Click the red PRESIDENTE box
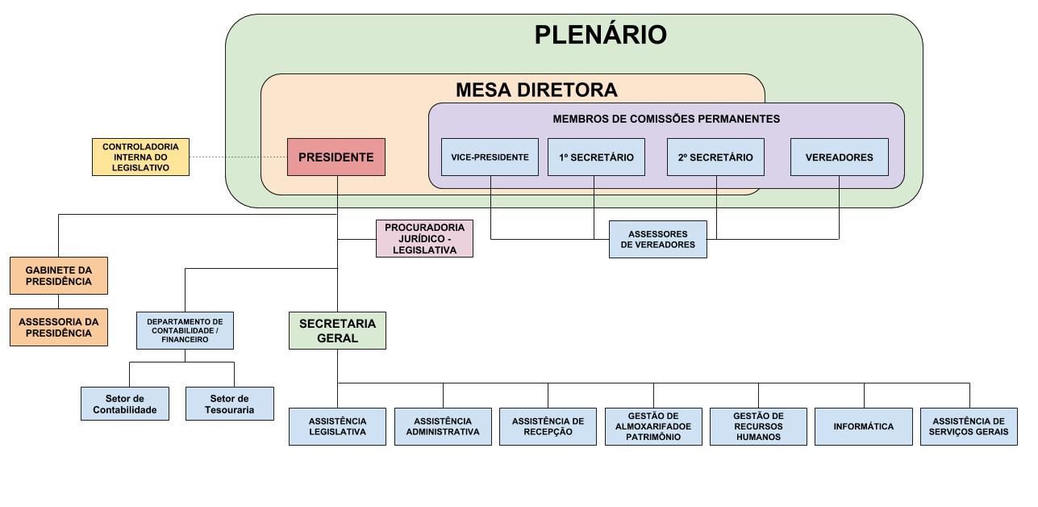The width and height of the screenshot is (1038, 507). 336,157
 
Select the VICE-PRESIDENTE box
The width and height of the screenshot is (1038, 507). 490,157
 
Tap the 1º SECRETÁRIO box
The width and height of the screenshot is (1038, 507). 596,157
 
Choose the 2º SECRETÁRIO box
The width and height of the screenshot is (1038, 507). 715,157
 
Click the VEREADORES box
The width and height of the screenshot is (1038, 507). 839,157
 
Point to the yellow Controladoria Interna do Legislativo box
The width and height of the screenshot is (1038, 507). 140,157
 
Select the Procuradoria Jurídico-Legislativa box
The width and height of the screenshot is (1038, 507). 424,239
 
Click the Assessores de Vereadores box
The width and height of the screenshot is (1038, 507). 657,239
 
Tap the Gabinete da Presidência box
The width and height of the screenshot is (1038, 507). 58,276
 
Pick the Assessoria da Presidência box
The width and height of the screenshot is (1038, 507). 58,327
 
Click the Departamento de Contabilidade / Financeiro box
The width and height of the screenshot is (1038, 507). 185,330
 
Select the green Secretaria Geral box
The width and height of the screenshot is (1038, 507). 337,330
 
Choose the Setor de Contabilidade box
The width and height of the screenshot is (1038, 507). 125,404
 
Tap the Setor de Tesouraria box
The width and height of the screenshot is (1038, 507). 230,404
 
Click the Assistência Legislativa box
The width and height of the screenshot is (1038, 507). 337,426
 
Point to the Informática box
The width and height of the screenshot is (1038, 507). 863,426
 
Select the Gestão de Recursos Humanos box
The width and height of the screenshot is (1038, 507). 758,426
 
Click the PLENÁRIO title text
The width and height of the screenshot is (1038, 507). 601,36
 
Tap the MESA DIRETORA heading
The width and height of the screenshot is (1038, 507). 536,90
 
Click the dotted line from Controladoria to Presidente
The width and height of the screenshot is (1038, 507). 238,157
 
